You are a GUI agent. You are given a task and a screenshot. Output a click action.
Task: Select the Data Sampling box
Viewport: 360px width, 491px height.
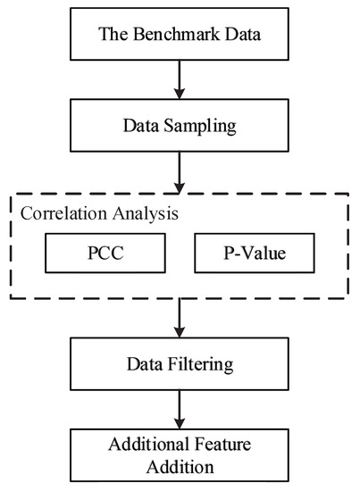(181, 125)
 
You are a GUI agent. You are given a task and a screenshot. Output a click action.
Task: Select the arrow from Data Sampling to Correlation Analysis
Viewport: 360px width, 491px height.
(181, 170)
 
